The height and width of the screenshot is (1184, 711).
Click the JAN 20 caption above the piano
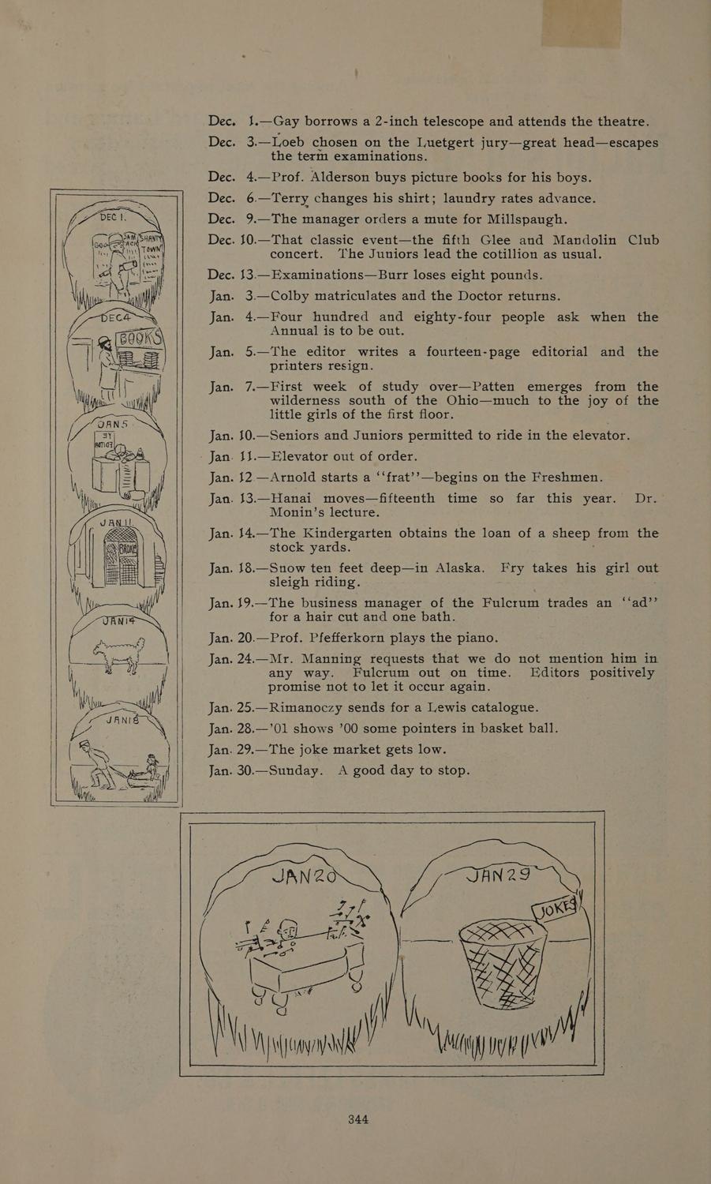302,875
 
